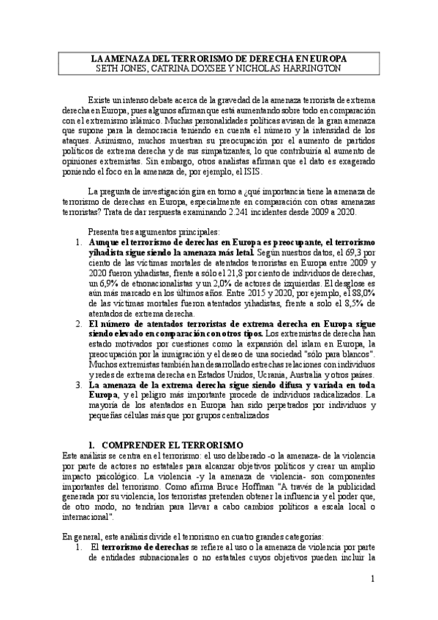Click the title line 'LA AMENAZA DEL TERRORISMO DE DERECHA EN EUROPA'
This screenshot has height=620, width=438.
click(x=219, y=58)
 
